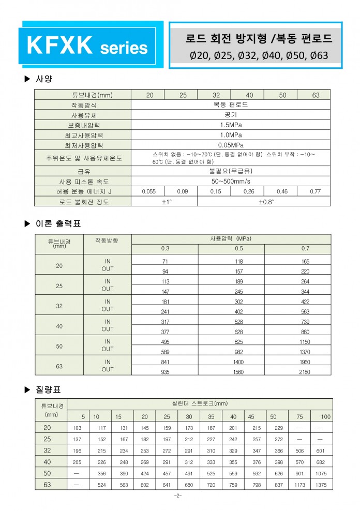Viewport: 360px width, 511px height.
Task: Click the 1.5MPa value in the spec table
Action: (x=231, y=125)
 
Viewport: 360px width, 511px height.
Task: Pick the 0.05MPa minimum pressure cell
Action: (x=231, y=144)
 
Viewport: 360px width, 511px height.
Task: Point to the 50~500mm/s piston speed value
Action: (x=231, y=182)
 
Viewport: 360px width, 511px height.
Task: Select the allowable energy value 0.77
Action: (x=315, y=191)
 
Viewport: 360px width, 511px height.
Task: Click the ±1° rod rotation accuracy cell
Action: (x=164, y=201)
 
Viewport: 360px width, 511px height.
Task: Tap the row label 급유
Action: (x=83, y=171)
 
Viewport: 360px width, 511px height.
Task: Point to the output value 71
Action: (x=165, y=262)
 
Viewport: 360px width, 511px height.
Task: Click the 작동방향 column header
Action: (x=107, y=241)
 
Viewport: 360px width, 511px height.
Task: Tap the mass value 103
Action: (x=78, y=428)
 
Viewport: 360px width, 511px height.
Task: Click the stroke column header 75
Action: (x=301, y=417)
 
